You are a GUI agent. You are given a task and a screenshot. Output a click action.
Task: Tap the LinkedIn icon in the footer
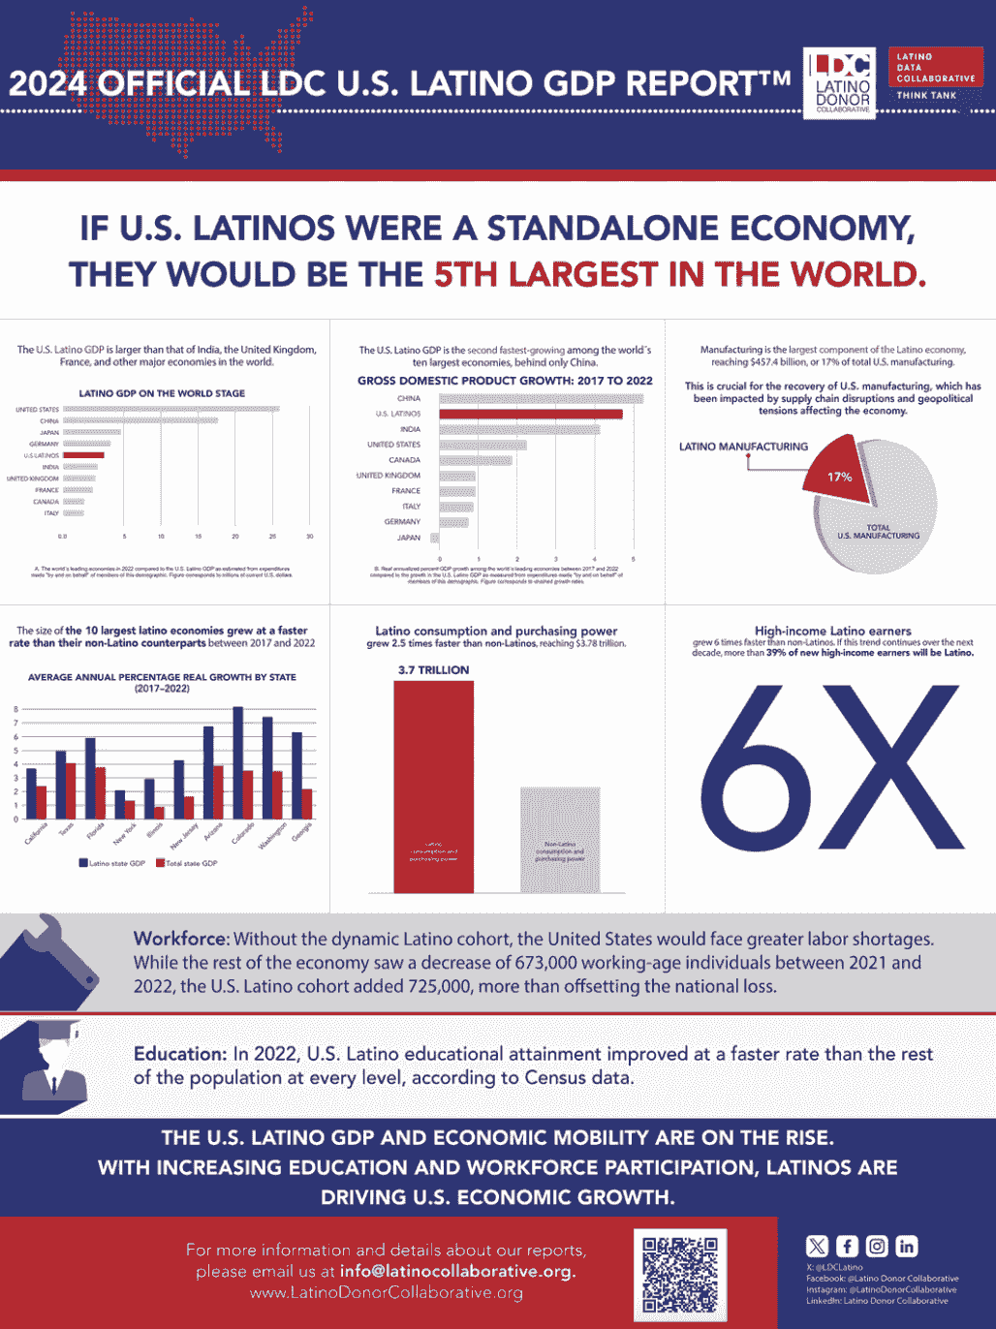pyautogui.click(x=907, y=1247)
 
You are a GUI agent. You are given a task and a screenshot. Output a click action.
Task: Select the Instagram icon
pyautogui.click(x=877, y=1247)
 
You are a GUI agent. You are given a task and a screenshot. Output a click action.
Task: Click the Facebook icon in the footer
pyautogui.click(x=847, y=1247)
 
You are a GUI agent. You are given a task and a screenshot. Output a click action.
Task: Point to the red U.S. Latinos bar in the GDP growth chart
pyautogui.click(x=530, y=414)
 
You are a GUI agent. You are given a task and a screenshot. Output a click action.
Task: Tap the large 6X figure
pyautogui.click(x=832, y=765)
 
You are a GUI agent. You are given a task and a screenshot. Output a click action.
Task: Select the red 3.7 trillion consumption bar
pyautogui.click(x=433, y=785)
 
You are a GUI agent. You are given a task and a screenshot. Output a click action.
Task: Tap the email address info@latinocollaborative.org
pyautogui.click(x=457, y=1271)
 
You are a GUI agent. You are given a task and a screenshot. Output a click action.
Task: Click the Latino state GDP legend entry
pyautogui.click(x=112, y=863)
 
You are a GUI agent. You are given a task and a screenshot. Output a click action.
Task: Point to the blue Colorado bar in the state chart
pyautogui.click(x=237, y=762)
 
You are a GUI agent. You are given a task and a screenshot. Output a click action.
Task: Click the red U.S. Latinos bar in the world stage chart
pyautogui.click(x=83, y=455)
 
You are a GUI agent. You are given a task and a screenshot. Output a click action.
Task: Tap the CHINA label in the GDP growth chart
pyautogui.click(x=409, y=398)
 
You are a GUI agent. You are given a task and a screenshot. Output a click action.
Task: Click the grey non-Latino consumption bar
pyautogui.click(x=560, y=839)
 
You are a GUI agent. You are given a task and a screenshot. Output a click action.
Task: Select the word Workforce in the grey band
pyautogui.click(x=180, y=939)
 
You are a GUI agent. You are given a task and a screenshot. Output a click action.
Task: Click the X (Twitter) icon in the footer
pyautogui.click(x=817, y=1247)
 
